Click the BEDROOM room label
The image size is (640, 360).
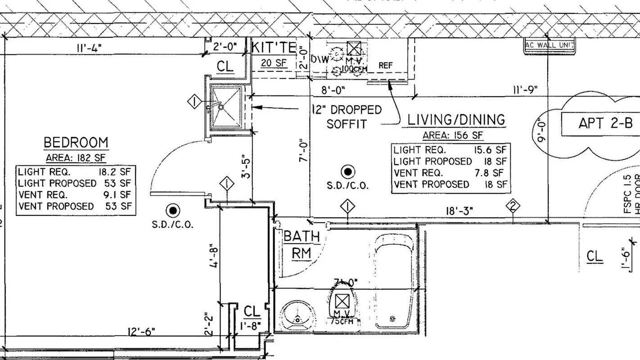(76, 143)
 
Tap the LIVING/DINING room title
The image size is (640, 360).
(456, 120)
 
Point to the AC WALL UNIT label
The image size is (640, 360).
(550, 45)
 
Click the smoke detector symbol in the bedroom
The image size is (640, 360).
(172, 210)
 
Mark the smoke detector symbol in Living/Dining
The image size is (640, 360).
(347, 171)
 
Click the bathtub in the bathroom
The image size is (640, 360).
(393, 282)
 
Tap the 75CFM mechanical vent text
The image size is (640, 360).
(343, 321)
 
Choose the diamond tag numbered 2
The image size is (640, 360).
(513, 206)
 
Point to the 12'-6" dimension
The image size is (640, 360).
(141, 332)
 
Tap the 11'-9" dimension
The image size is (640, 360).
(525, 90)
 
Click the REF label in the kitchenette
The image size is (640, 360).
(385, 66)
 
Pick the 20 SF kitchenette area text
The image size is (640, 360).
(274, 63)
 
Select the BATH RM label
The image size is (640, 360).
(301, 244)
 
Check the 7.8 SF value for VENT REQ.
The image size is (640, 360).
(493, 173)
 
